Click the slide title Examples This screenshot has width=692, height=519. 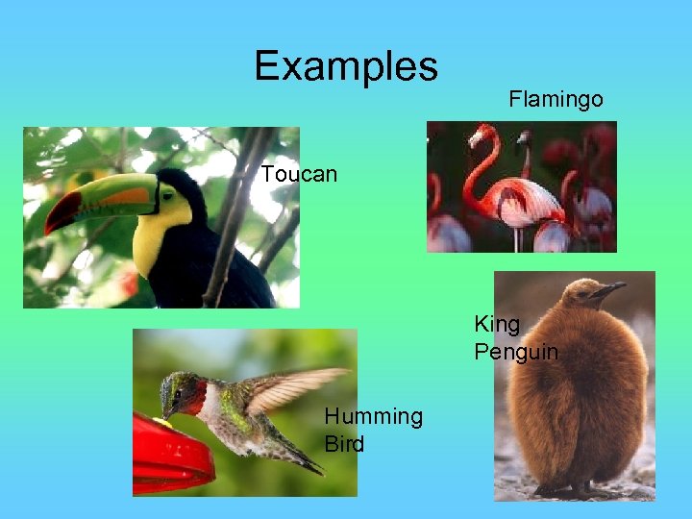[x=346, y=66]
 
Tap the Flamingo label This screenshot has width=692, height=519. [x=556, y=99]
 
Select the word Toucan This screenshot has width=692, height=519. [x=299, y=174]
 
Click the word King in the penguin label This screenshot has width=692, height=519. [x=497, y=324]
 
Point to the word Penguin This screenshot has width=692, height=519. [x=516, y=352]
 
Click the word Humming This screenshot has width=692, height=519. [x=373, y=416]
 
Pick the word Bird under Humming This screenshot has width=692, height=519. [x=344, y=444]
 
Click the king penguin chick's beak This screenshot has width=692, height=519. [x=609, y=287]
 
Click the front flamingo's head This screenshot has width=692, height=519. [x=481, y=134]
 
